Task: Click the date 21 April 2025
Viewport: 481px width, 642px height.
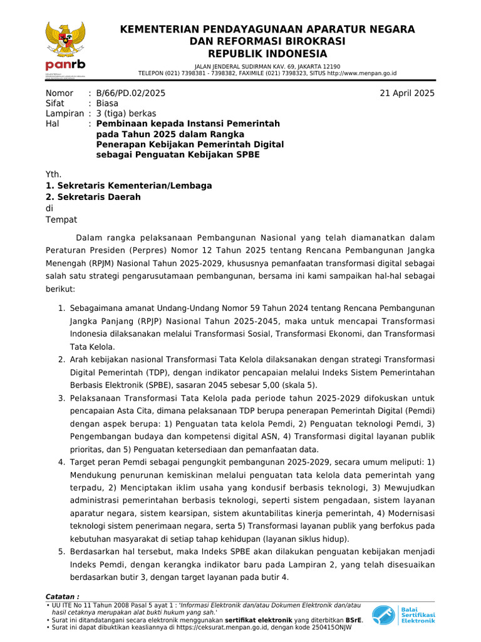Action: (x=407, y=93)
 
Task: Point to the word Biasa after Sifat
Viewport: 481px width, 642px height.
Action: (x=108, y=103)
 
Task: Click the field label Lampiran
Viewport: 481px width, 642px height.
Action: (x=65, y=113)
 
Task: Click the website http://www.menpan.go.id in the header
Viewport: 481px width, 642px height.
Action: (x=362, y=73)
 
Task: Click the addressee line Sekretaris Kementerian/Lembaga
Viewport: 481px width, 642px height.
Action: (x=129, y=186)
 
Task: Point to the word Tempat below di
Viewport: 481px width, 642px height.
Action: (x=61, y=219)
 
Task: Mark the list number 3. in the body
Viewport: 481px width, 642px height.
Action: (x=62, y=398)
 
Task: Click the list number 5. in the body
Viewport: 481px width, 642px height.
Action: (x=62, y=552)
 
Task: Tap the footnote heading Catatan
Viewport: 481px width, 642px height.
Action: (x=63, y=596)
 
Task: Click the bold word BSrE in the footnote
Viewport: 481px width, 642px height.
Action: (x=354, y=619)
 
